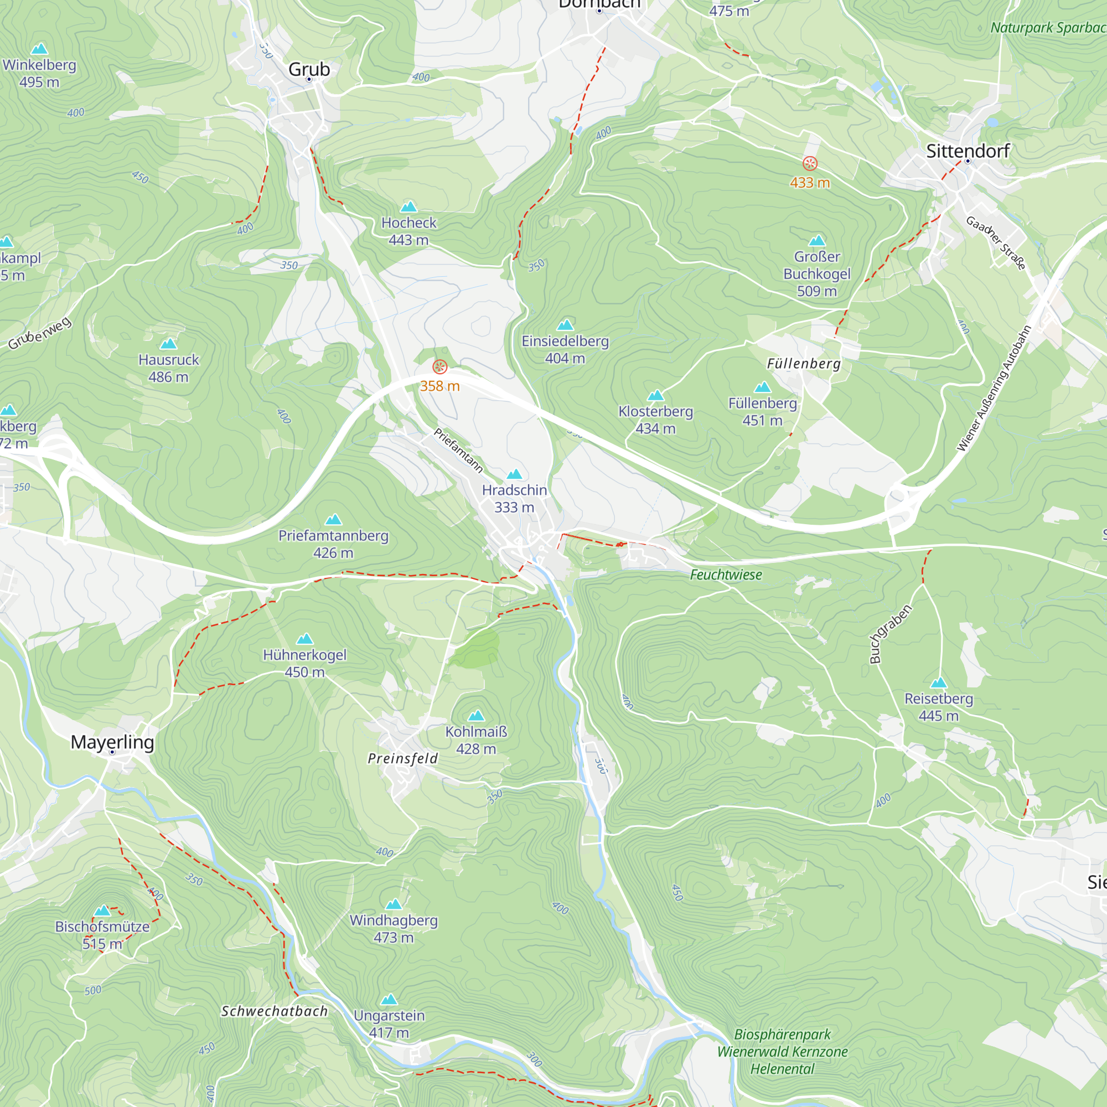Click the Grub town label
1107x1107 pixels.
point(309,69)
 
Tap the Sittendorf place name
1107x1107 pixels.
point(968,151)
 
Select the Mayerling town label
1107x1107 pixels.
point(112,742)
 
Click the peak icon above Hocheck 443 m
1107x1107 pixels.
point(408,207)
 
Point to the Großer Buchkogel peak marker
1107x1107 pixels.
point(817,241)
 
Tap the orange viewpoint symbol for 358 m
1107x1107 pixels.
point(439,367)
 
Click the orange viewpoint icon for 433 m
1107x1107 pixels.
point(810,164)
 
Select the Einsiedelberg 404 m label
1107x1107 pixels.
point(565,349)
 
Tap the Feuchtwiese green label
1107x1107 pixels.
point(726,575)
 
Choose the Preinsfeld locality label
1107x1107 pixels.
point(403,759)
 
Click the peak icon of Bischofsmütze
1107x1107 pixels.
point(102,911)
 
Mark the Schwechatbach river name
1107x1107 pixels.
point(275,1011)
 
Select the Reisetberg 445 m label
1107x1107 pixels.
point(939,706)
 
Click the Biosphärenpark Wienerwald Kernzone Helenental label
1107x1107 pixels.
point(783,1052)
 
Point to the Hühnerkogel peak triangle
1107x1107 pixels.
point(305,639)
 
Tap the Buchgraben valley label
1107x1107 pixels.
point(890,634)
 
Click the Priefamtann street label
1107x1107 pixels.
point(458,451)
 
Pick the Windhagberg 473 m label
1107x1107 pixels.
point(394,928)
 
